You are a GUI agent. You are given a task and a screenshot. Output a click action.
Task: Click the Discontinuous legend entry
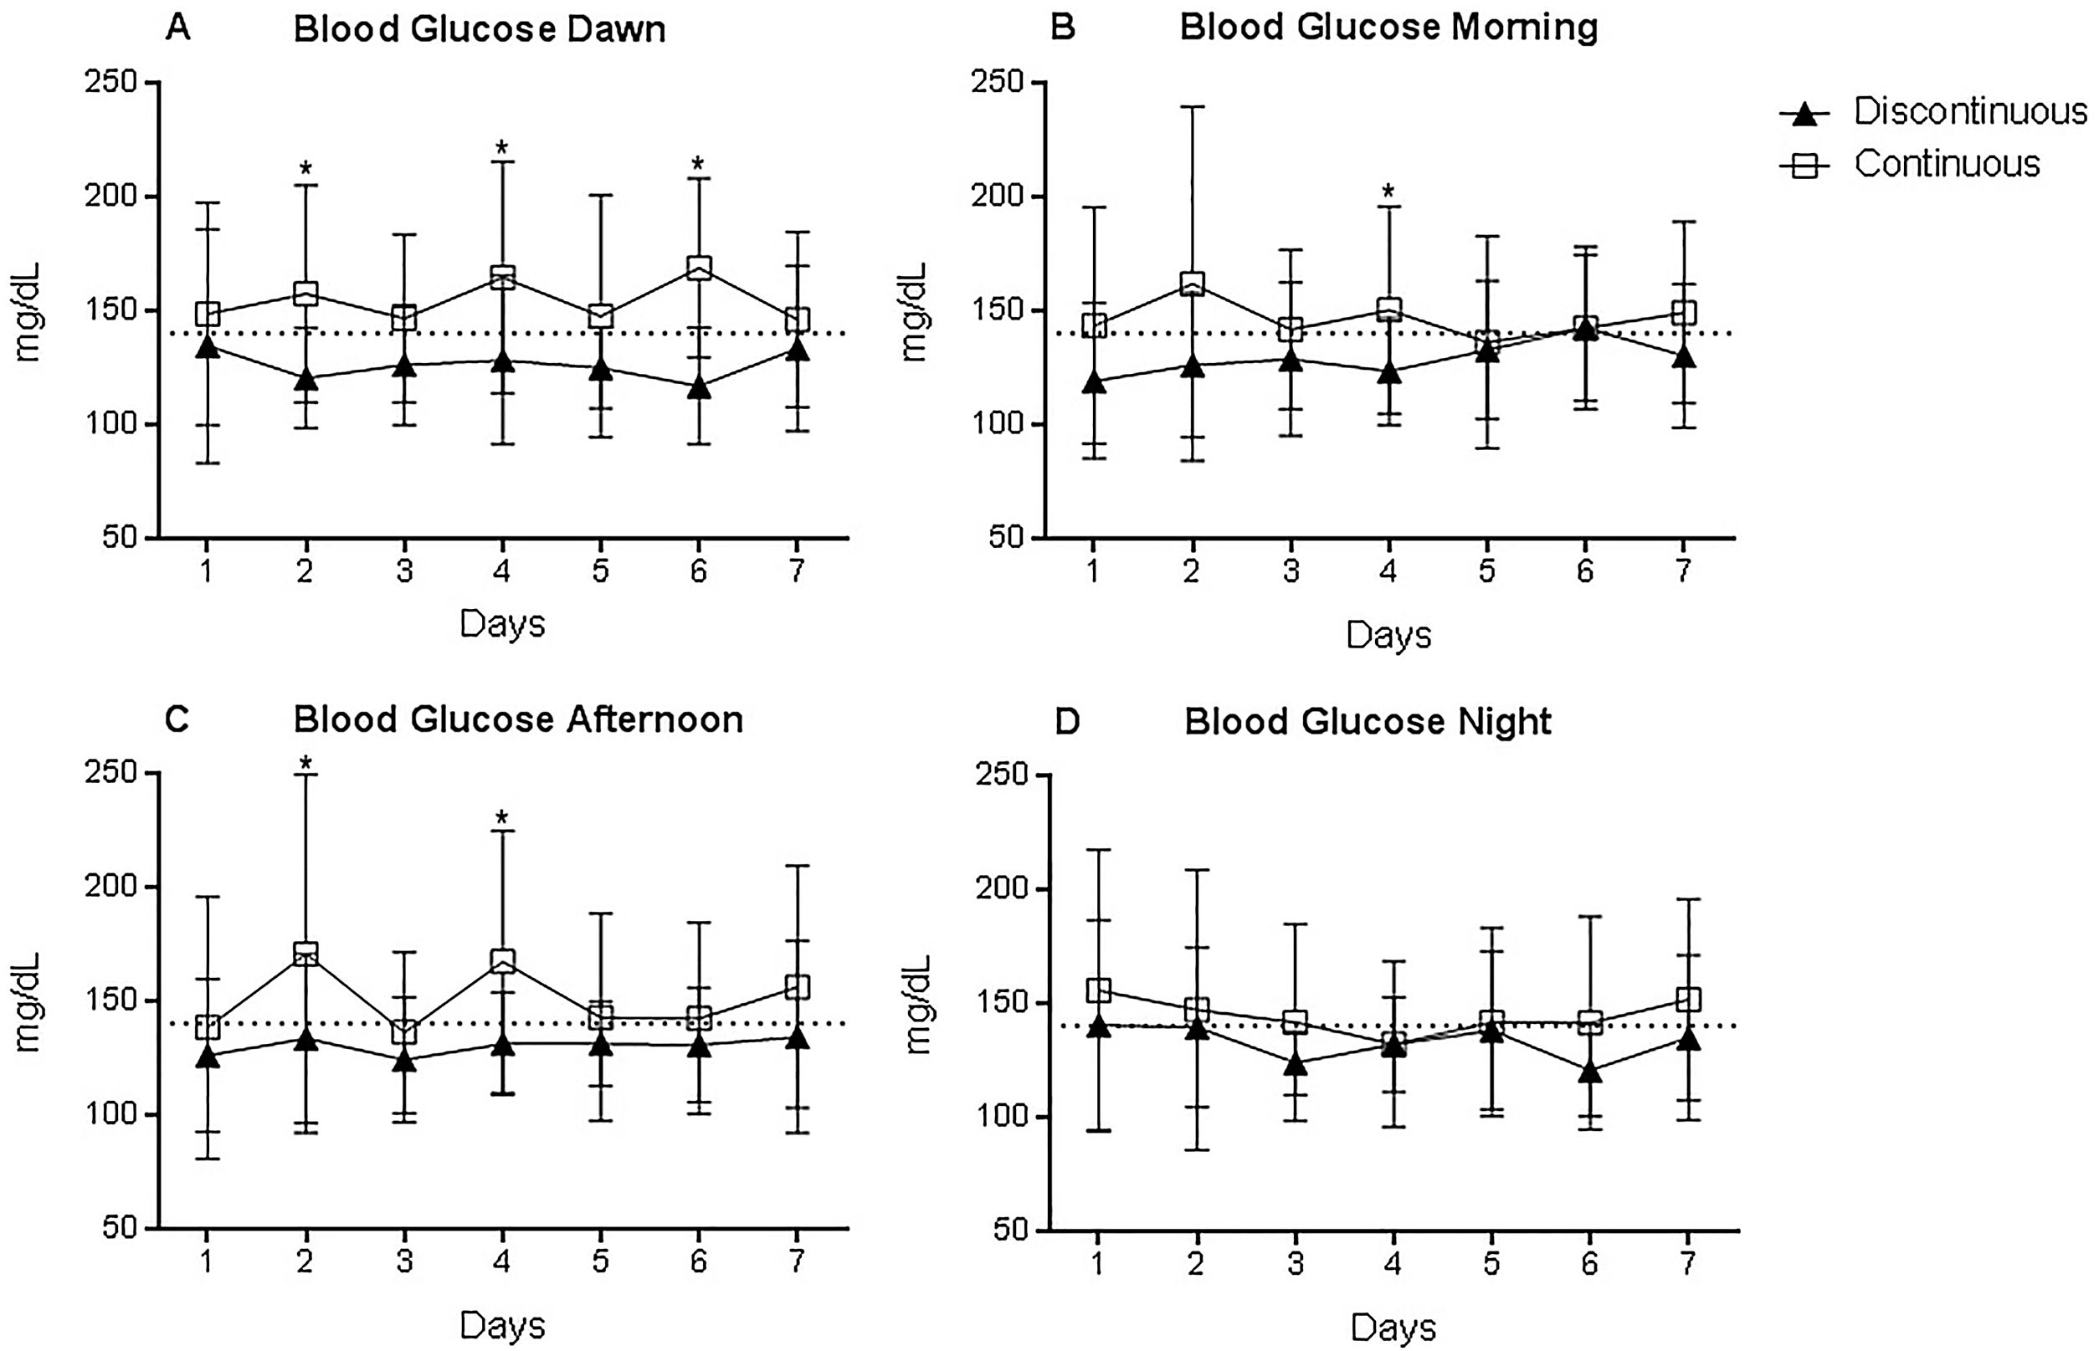tap(1969, 112)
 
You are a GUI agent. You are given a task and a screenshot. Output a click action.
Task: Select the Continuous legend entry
tap(1947, 164)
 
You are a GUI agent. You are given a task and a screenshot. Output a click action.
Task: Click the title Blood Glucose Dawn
tap(479, 29)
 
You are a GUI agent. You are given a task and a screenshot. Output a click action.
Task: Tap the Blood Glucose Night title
tap(1368, 721)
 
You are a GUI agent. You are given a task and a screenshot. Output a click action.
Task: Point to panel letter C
tap(177, 719)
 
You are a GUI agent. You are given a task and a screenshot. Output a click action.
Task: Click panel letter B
tap(1063, 28)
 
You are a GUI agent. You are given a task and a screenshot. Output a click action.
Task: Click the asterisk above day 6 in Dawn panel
tap(699, 164)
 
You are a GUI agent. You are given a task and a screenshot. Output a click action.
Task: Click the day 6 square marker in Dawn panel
tap(699, 268)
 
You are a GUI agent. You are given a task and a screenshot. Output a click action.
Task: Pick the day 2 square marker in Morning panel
tap(1192, 284)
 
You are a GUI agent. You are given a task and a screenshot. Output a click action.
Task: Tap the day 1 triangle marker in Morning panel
tap(1093, 382)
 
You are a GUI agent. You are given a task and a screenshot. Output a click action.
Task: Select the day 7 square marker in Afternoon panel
tap(797, 987)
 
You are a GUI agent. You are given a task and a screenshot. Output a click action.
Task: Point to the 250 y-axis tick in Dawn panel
tap(113, 83)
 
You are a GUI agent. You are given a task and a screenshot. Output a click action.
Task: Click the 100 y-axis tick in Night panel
tap(1002, 1117)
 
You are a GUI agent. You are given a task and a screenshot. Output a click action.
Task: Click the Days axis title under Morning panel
tap(1388, 635)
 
